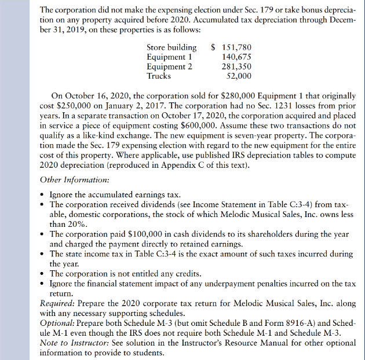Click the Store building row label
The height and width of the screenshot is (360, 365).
click(x=171, y=47)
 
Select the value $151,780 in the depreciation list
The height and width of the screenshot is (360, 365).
click(x=231, y=47)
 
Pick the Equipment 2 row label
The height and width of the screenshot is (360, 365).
click(x=169, y=66)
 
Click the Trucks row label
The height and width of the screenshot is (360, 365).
click(x=159, y=75)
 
